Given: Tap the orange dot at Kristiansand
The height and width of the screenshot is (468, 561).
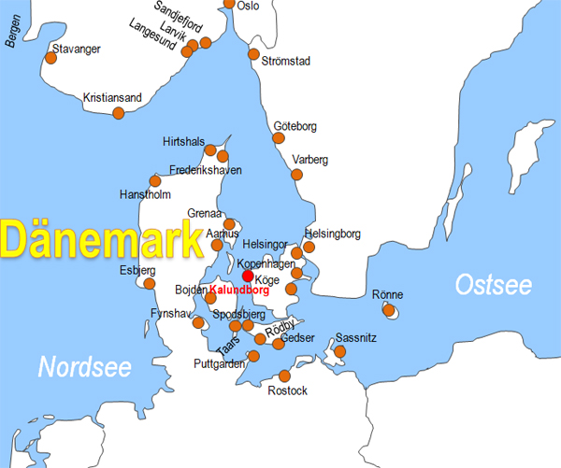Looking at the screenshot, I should click(119, 113).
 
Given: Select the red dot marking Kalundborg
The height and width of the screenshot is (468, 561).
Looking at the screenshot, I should click(248, 276).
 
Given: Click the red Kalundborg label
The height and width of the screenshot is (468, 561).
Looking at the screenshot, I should click(238, 291).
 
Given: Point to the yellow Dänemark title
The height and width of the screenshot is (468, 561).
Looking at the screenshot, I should click(101, 240).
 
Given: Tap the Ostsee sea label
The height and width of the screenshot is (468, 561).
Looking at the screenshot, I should click(493, 286).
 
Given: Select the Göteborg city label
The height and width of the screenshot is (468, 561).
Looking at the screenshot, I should click(295, 126).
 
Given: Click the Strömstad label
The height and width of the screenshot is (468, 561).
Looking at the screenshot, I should click(287, 62).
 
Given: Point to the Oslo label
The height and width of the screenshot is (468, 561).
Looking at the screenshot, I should click(249, 6).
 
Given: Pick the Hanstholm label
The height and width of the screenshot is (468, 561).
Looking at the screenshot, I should click(146, 195).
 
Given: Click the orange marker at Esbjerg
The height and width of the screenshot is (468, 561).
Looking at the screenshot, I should click(149, 284).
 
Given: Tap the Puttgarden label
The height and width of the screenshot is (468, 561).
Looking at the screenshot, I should click(219, 363).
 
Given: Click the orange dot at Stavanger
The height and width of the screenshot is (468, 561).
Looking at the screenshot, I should click(50, 58).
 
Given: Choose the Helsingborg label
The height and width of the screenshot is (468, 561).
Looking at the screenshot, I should click(332, 234).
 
